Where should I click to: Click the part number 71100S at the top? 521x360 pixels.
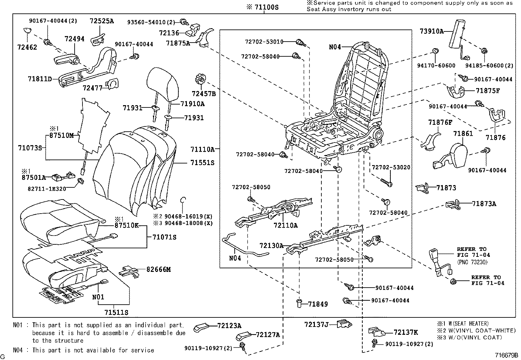pyautogui.click(x=266, y=7)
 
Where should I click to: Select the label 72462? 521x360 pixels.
pyautogui.click(x=27, y=47)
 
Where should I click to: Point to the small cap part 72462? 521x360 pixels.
pyautogui.click(x=28, y=31)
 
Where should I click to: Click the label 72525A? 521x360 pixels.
pyautogui.click(x=102, y=21)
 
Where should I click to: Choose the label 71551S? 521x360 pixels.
pyautogui.click(x=202, y=163)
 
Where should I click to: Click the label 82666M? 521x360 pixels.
pyautogui.click(x=158, y=269)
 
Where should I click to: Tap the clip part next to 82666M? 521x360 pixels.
pyautogui.click(x=128, y=271)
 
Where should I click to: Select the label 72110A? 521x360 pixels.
pyautogui.click(x=286, y=225)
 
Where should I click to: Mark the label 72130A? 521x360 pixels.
pyautogui.click(x=271, y=246)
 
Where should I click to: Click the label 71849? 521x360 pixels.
pyautogui.click(x=318, y=304)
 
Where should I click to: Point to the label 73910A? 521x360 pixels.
pyautogui.click(x=432, y=31)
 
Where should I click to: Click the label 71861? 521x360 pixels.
pyautogui.click(x=463, y=134)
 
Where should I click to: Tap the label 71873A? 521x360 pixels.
pyautogui.click(x=484, y=204)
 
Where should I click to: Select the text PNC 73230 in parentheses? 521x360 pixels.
pyautogui.click(x=472, y=262)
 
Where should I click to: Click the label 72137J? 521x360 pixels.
pyautogui.click(x=316, y=324)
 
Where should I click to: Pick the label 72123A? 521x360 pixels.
pyautogui.click(x=229, y=326)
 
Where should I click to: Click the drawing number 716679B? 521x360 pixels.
pyautogui.click(x=506, y=355)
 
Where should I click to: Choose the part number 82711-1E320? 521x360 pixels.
pyautogui.click(x=47, y=189)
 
